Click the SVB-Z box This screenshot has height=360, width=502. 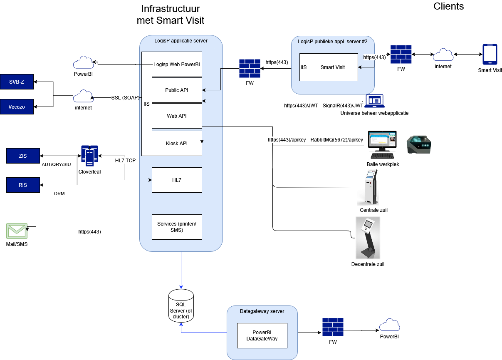(17, 82)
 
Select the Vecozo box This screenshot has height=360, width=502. (17, 107)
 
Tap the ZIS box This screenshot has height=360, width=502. (23, 156)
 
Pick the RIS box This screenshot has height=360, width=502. (23, 185)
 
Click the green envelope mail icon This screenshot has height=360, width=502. (17, 231)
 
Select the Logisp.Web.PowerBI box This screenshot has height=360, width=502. (177, 65)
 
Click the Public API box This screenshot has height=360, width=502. (177, 90)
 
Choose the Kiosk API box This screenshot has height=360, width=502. (177, 144)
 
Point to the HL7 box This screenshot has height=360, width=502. (177, 180)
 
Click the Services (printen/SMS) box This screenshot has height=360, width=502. (177, 227)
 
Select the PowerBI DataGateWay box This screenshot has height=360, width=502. (262, 335)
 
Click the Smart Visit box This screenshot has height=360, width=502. (333, 67)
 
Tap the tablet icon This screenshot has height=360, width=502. (490, 55)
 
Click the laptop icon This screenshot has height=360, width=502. (375, 101)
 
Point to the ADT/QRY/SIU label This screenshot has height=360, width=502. (57, 164)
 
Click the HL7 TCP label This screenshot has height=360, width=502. (125, 161)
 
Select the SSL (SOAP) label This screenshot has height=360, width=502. (125, 98)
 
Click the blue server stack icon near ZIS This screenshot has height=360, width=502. (89, 156)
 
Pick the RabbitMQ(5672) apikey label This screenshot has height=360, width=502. (316, 140)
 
